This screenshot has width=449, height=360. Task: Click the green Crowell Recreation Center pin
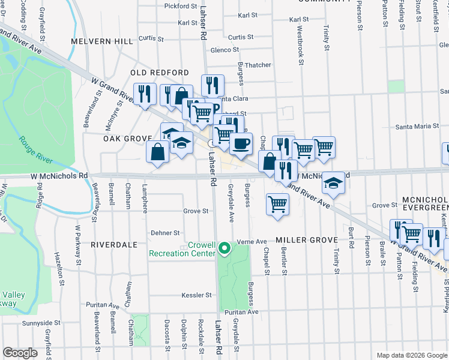coord(224,248)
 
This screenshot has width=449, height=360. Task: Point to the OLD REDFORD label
coord(160,73)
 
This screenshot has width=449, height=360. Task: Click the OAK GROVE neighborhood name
coord(127,139)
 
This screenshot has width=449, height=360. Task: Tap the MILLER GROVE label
coord(307,240)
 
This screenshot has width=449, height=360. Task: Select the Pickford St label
coord(180,6)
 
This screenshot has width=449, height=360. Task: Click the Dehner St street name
coord(165,233)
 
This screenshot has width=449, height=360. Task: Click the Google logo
coord(20,353)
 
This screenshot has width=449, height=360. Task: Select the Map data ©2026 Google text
coord(411,355)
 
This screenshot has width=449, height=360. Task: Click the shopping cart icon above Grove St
coord(277,204)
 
